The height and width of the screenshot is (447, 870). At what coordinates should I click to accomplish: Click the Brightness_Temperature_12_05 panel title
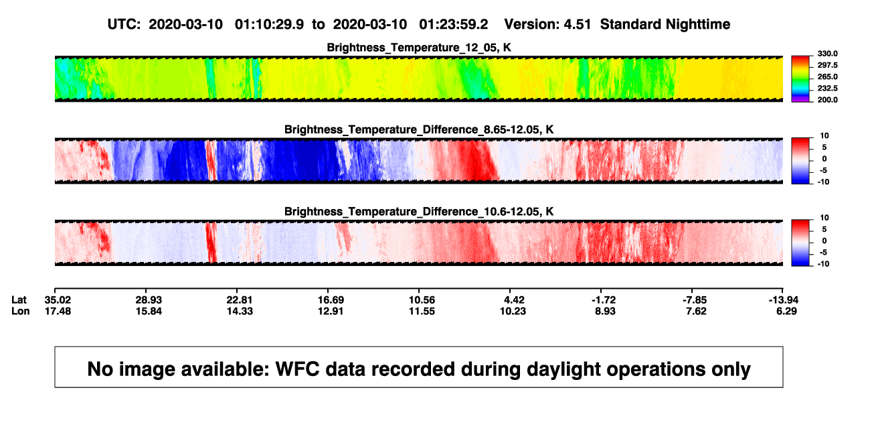(x=419, y=48)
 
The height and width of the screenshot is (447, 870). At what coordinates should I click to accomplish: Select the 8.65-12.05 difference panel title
(x=419, y=129)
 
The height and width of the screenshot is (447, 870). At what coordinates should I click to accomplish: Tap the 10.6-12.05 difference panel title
(x=419, y=212)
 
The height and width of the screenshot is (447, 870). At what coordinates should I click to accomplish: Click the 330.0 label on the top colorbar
(x=827, y=54)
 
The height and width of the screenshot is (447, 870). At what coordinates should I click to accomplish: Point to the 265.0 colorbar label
(x=827, y=76)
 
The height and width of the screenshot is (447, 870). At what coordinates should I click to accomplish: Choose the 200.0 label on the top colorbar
(x=827, y=100)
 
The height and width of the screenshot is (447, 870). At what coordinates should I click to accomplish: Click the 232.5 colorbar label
(x=827, y=88)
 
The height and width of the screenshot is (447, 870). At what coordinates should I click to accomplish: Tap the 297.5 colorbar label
(x=827, y=65)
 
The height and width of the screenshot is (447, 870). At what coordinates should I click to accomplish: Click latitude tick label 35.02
(x=58, y=300)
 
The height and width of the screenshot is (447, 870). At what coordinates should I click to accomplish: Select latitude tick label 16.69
(x=331, y=300)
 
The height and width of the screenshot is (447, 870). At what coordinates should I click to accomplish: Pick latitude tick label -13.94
(x=784, y=300)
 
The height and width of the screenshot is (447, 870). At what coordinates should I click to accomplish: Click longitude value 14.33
(x=240, y=311)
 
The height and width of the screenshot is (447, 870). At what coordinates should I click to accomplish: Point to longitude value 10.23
(x=513, y=311)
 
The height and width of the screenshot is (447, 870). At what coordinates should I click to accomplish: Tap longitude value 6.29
(x=786, y=311)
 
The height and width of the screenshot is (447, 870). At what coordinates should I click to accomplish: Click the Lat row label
(x=19, y=300)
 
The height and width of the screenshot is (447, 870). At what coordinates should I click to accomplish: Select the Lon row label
(x=20, y=311)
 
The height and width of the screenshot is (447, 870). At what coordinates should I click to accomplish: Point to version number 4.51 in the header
(x=578, y=25)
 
